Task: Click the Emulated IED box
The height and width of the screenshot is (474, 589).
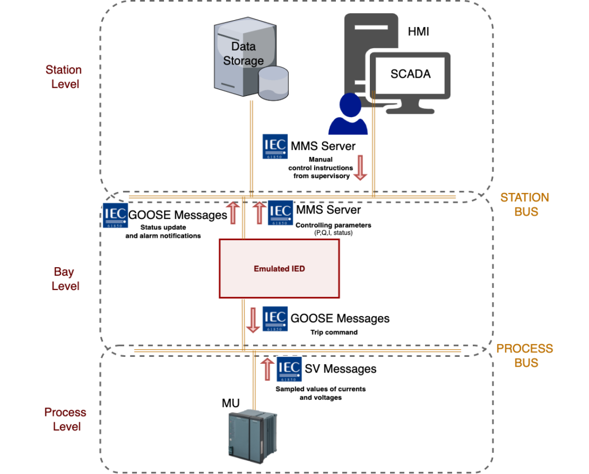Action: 279,269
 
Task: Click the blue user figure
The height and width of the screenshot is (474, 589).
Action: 348,114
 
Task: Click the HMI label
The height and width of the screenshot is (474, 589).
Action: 418,32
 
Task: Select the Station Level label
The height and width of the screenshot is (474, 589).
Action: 64,77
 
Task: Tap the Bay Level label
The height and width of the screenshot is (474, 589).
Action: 65,279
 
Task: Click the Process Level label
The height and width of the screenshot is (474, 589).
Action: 66,419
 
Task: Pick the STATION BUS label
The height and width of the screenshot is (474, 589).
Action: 525,205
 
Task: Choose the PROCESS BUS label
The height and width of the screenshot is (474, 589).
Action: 525,356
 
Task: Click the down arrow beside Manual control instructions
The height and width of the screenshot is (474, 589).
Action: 360,168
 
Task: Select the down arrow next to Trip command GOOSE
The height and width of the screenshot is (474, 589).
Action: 253,320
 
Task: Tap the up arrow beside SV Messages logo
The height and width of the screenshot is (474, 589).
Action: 267,369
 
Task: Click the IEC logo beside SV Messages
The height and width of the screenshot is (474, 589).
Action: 289,369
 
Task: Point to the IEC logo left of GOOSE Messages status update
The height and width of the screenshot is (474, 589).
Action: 115,215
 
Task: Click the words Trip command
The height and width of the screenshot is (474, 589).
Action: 334,332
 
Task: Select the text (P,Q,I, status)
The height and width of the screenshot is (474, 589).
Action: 334,233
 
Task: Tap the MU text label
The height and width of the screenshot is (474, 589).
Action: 231,403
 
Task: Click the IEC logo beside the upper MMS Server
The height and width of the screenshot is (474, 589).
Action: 275,147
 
